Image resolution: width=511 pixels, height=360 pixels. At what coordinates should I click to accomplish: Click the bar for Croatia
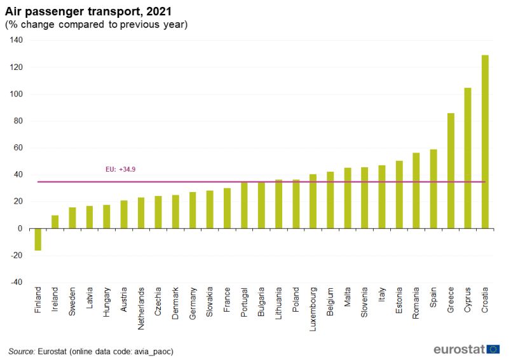tap(485, 142)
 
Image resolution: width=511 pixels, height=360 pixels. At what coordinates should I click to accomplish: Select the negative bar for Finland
tap(38, 239)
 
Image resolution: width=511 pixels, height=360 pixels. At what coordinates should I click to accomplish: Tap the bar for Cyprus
tap(468, 158)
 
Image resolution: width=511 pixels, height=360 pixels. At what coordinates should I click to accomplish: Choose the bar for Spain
tap(433, 189)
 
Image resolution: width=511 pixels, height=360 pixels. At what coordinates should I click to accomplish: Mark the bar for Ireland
tap(55, 222)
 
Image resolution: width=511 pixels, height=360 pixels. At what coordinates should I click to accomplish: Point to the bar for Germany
tap(193, 211)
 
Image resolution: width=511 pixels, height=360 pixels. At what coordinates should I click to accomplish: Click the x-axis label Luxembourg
tap(313, 307)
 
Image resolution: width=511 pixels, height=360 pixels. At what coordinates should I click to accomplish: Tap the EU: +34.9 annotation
tap(120, 170)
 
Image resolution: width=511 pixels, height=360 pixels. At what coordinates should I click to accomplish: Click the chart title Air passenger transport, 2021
tap(88, 11)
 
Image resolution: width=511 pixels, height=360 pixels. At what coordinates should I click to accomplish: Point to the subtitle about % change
tap(96, 25)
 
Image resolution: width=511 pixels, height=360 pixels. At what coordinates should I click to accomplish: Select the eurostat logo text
tap(459, 349)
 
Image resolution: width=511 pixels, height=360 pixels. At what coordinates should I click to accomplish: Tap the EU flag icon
tap(493, 349)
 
